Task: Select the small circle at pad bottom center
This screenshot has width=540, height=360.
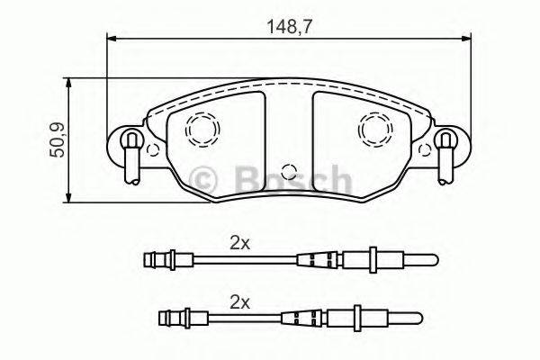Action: click(288, 171)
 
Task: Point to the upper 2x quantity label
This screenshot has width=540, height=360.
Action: click(238, 242)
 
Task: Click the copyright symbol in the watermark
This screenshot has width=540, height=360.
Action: click(206, 180)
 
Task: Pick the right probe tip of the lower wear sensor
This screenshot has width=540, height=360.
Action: click(410, 318)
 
